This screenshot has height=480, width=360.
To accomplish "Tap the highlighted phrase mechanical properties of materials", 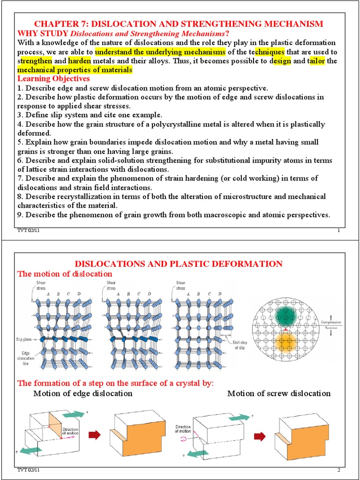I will pyautogui.click(x=75, y=70).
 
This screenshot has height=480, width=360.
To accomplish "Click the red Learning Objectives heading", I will pyautogui.click(x=53, y=79).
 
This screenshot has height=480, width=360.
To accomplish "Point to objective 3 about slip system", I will pyautogui.click(x=90, y=115).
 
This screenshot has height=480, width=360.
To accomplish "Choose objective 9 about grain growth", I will pyautogui.click(x=173, y=215).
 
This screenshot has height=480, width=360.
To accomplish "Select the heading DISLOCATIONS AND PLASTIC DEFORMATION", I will pyautogui.click(x=179, y=264).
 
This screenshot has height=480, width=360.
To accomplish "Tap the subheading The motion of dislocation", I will pyautogui.click(x=65, y=274).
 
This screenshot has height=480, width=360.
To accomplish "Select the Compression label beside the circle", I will pyautogui.click(x=331, y=322).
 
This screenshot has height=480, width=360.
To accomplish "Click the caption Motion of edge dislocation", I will pyautogui.click(x=83, y=393).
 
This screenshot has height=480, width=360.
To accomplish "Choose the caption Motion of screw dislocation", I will pyautogui.click(x=279, y=393).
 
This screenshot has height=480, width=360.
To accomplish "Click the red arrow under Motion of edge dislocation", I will pyautogui.click(x=95, y=436).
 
